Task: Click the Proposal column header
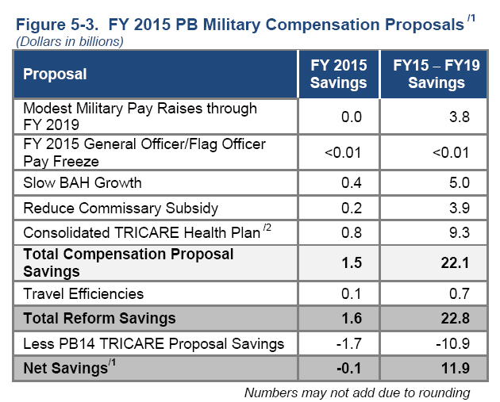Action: point(55,75)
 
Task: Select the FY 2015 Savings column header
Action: point(338,75)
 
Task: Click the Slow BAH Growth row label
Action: point(83,183)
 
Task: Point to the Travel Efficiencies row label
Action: point(83,293)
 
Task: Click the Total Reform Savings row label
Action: point(99,319)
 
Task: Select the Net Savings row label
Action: point(64,368)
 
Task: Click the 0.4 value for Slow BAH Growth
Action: point(350,183)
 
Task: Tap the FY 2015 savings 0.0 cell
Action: point(350,117)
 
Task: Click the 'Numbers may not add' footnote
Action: point(356,392)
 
